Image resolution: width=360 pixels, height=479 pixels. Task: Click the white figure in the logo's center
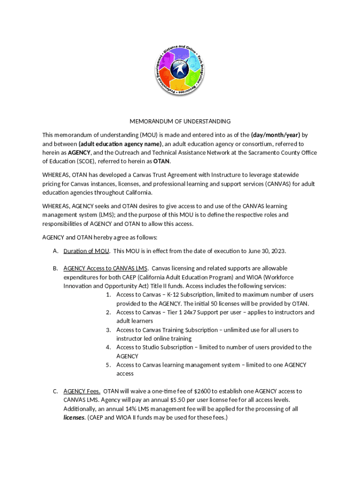(180, 69)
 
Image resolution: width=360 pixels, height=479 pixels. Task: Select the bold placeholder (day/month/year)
(275, 135)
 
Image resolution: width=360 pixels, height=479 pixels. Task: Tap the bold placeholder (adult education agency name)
(120, 144)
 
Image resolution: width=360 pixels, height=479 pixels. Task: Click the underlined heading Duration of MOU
(86, 251)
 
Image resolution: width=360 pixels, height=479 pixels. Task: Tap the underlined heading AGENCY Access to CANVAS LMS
(106, 268)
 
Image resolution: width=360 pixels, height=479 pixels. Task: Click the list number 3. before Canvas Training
(108, 330)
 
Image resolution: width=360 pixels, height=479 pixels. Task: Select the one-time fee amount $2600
(202, 391)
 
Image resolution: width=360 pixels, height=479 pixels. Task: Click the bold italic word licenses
(74, 417)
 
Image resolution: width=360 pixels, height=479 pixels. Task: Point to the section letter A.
(55, 251)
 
